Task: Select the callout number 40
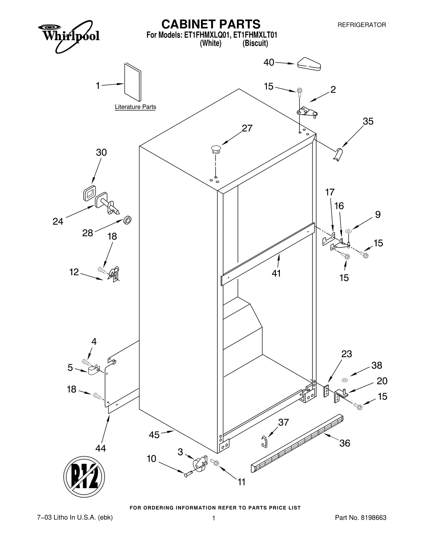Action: [x=268, y=63]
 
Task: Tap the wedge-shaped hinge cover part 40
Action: [x=309, y=64]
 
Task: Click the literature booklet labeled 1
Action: [x=132, y=82]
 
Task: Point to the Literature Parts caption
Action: [x=135, y=107]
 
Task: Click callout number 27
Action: [x=247, y=128]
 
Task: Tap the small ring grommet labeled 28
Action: [x=128, y=220]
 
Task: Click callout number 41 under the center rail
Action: [x=276, y=273]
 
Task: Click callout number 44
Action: [x=101, y=448]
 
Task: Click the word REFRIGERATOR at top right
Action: [x=361, y=25]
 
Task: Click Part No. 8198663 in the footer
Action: [x=360, y=517]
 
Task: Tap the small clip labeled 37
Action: [x=264, y=441]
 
